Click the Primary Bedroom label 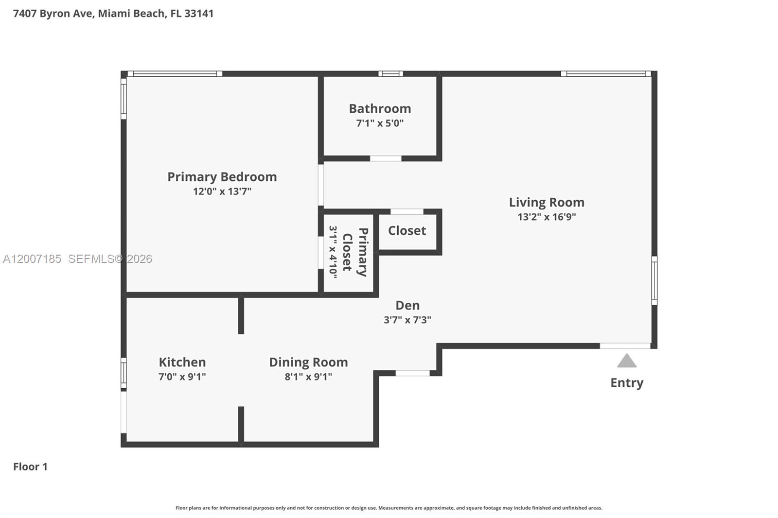(222, 177)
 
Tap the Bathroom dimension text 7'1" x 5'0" (380, 123)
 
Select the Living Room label (547, 202)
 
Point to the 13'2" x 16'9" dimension (547, 217)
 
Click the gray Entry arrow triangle (627, 362)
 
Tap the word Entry (627, 383)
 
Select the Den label (407, 305)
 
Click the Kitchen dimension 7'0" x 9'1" (182, 377)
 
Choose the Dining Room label (308, 362)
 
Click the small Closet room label (407, 230)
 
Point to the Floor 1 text (30, 466)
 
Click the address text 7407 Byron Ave (53, 13)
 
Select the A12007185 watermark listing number (32, 259)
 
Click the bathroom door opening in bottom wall (386, 158)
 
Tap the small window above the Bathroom (390, 74)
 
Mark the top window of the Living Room (605, 74)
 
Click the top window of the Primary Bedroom (175, 74)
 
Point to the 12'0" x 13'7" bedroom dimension (222, 191)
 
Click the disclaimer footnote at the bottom (389, 508)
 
